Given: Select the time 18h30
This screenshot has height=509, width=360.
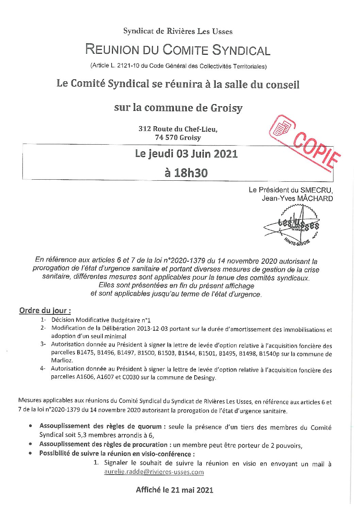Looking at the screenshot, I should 186,173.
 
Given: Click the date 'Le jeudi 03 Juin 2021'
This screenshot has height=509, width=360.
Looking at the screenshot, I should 186,154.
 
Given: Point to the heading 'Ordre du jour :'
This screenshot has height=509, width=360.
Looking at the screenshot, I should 45,310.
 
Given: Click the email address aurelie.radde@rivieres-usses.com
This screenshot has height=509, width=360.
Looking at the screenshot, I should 154,472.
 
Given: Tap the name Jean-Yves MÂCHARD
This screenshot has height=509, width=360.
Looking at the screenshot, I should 297,198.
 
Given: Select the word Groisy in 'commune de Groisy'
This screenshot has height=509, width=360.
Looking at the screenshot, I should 226,108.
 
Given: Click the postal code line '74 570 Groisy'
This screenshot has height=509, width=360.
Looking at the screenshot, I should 178,137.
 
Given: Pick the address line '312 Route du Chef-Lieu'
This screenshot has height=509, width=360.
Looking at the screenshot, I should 178,129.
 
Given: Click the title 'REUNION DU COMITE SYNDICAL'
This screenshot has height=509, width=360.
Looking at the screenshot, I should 178,50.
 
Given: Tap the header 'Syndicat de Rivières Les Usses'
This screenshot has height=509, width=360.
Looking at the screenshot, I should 178,31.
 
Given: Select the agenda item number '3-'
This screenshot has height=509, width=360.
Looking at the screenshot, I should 43,344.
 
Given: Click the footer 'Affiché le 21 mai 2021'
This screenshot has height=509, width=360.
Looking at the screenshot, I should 175,490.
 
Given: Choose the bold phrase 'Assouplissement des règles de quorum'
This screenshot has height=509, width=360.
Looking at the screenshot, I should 100,426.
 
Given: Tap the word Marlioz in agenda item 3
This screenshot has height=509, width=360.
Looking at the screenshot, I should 62,360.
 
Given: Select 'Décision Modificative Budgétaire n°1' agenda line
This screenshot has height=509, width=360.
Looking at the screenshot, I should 101,320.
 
